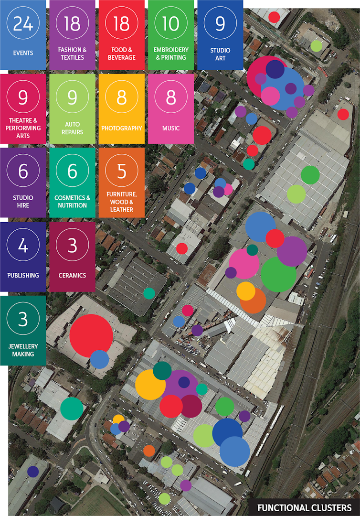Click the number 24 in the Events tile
[23, 23]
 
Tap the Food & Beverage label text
[122, 54]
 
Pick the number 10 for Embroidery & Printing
[171, 23]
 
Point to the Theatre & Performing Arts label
[23, 128]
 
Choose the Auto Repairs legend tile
[72, 108]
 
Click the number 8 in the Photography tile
[122, 97]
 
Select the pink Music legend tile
[171, 108]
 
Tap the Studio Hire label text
[23, 201]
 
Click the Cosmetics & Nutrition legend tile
[72, 183]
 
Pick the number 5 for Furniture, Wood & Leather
[122, 171]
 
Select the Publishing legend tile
[23, 257]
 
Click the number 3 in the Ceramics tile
[72, 245]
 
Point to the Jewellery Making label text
[23, 350]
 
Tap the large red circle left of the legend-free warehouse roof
[91, 335]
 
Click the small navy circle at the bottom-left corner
[33, 472]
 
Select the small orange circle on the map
[149, 451]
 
